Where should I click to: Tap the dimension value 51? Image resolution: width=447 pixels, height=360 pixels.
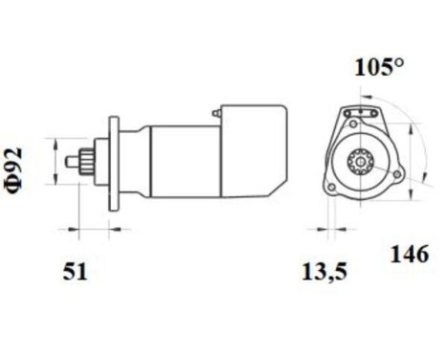click(x=76, y=272)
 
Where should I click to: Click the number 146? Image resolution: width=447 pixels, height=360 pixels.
click(x=410, y=255)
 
